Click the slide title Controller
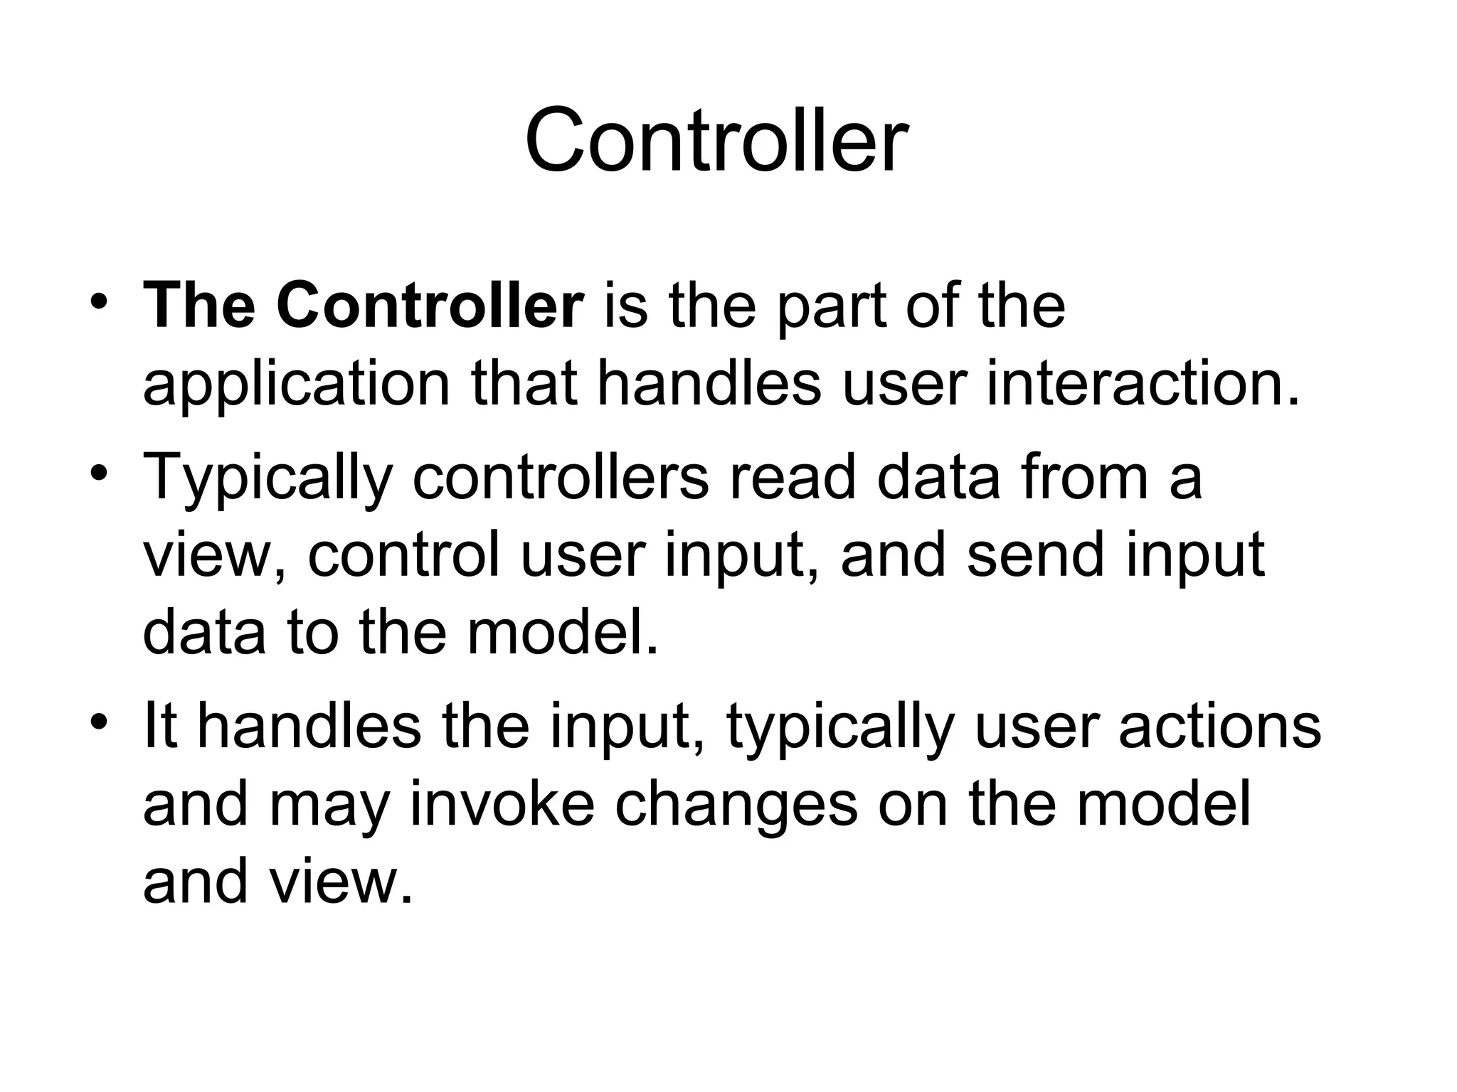(716, 140)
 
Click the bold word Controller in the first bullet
(430, 306)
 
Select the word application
(297, 385)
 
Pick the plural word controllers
(561, 478)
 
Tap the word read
(791, 478)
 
